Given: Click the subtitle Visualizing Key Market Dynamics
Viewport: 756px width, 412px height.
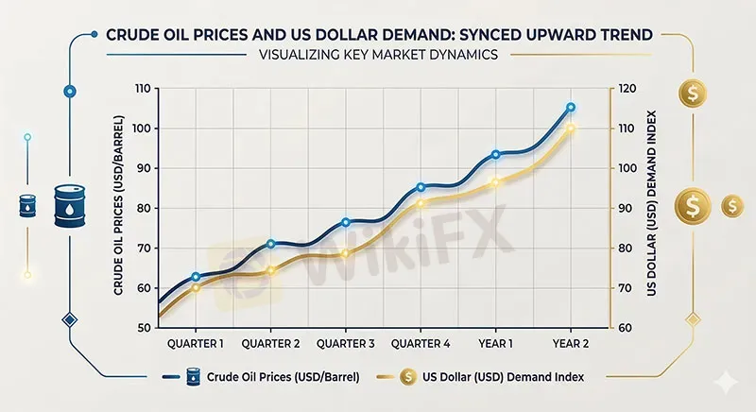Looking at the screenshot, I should click(x=378, y=56).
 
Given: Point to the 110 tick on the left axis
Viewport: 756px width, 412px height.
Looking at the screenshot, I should click(x=142, y=89).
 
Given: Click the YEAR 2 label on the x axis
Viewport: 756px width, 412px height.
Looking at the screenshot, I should click(x=570, y=342).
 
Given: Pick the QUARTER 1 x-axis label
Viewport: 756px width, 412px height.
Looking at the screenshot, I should click(x=196, y=342).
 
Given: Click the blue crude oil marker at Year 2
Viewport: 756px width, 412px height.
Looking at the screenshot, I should click(x=570, y=107).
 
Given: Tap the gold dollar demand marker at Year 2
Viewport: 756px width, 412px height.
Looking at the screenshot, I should click(x=570, y=129).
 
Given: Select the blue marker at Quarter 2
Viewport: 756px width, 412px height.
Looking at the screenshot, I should click(x=271, y=244).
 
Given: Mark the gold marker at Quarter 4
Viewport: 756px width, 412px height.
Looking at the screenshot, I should click(x=421, y=203).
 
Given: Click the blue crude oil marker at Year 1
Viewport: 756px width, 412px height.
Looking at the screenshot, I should click(x=496, y=154).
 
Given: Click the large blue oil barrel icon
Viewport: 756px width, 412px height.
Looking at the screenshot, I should click(x=69, y=204).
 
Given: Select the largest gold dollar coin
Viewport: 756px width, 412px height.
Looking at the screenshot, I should click(x=693, y=205).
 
